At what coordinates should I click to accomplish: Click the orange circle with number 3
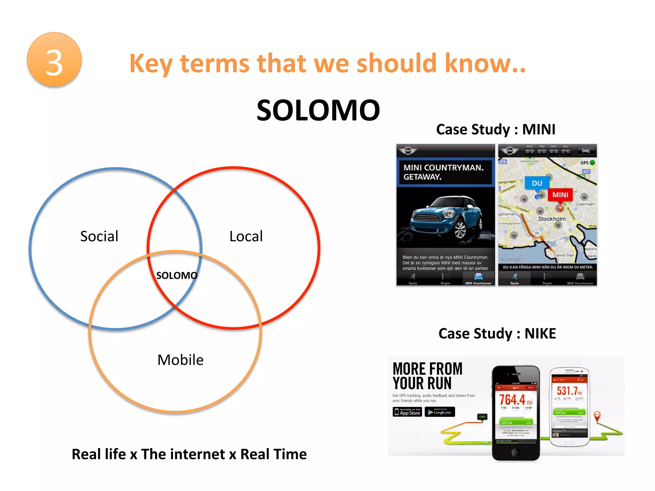coord(54,60)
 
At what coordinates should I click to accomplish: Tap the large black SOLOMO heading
coord(318,110)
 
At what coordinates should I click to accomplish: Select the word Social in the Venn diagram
coord(99,236)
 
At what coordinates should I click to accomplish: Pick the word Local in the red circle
coord(246,236)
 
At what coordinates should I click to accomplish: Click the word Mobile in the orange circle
coord(180,360)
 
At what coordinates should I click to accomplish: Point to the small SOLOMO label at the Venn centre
coord(177,275)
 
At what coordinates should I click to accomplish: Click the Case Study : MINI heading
coord(496,129)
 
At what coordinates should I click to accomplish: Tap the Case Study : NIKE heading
coord(497,333)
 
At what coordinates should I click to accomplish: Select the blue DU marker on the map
coord(537,183)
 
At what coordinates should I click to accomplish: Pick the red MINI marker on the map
coord(560,195)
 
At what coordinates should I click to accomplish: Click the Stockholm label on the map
coord(552,219)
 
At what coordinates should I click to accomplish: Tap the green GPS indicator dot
coord(592,162)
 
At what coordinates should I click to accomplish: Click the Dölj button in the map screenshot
coord(586,151)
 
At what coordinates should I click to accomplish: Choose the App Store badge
coord(407,412)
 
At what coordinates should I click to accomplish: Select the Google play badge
coord(440,412)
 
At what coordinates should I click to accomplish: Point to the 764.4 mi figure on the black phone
coord(515,400)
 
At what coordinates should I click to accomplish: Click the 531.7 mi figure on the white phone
coord(569,391)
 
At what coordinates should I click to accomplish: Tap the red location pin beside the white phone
coord(597,416)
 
